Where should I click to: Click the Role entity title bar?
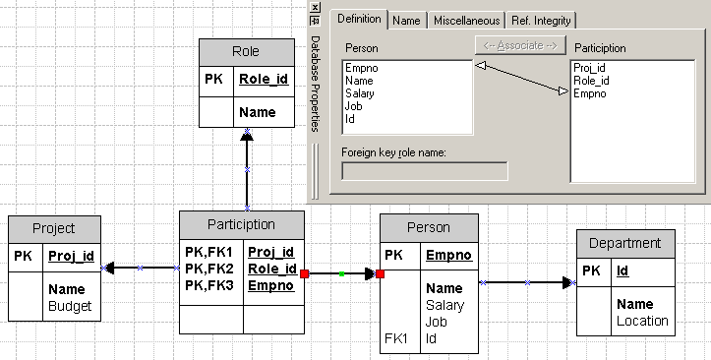pyautogui.click(x=246, y=52)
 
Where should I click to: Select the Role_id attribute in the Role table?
pyautogui.click(x=263, y=80)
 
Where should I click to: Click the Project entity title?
pyautogui.click(x=53, y=228)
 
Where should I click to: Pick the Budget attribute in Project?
pyautogui.click(x=70, y=306)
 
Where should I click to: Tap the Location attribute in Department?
pyautogui.click(x=642, y=321)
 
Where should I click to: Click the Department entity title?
pyautogui.click(x=625, y=243)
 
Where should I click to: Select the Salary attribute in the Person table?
pyautogui.click(x=444, y=306)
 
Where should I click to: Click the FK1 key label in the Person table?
pyautogui.click(x=396, y=338)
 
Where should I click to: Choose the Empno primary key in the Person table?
pyautogui.click(x=448, y=256)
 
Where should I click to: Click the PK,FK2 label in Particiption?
pyautogui.click(x=207, y=269)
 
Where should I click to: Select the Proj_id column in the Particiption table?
pyautogui.click(x=271, y=252)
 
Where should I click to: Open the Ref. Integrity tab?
pyautogui.click(x=542, y=21)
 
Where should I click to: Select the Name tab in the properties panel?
pyautogui.click(x=405, y=21)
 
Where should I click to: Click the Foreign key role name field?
pyautogui.click(x=424, y=171)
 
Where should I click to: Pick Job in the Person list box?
pyautogui.click(x=354, y=106)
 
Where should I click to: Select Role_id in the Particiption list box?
pyautogui.click(x=591, y=81)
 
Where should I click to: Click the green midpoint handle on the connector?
pyautogui.click(x=341, y=274)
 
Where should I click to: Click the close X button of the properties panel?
pyautogui.click(x=316, y=6)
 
